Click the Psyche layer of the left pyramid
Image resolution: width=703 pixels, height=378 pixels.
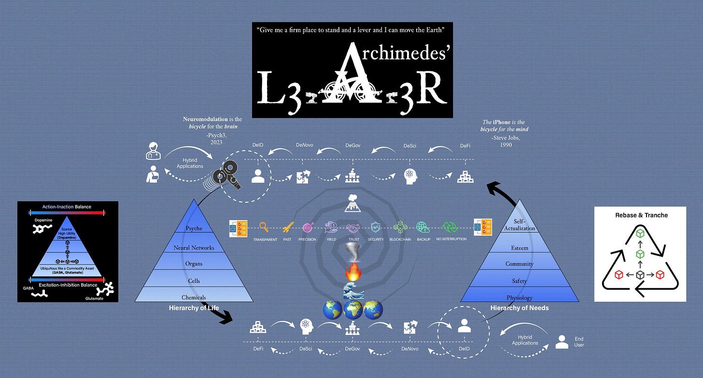pyautogui.click(x=194, y=228)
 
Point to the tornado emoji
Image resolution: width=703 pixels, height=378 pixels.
pyautogui.click(x=351, y=252)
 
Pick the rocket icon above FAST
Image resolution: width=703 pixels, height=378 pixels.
pyautogui.click(x=287, y=227)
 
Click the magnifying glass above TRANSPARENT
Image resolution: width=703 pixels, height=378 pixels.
pyautogui.click(x=264, y=227)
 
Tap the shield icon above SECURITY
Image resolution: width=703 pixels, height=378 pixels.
pyautogui.click(x=375, y=227)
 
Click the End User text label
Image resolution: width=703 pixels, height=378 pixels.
pyautogui.click(x=579, y=342)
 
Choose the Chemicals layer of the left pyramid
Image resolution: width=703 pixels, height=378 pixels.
pyautogui.click(x=194, y=297)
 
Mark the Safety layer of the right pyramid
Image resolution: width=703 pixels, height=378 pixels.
pyautogui.click(x=520, y=280)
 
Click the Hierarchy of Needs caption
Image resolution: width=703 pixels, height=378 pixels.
pyautogui.click(x=520, y=308)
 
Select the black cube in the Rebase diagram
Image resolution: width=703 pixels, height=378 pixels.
pyautogui.click(x=640, y=275)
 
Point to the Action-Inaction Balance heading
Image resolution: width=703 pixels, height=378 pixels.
pyautogui.click(x=67, y=207)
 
